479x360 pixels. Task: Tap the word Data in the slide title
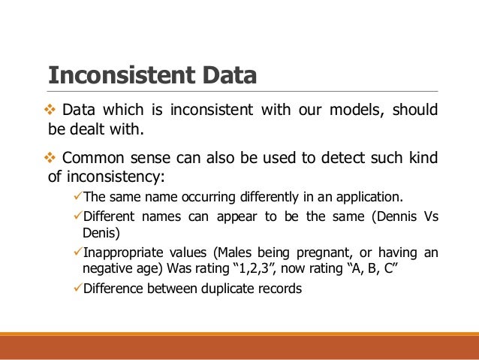pos(225,76)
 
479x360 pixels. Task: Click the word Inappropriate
pos(123,252)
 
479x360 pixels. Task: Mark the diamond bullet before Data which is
pos(53,110)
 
